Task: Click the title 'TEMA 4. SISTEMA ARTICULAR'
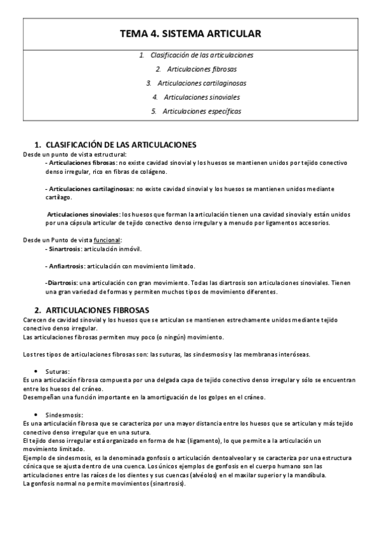pos(190,34)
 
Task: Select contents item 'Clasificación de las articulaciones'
pos(202,55)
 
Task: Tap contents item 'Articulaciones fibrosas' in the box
pos(202,69)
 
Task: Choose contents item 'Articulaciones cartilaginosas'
pos(202,83)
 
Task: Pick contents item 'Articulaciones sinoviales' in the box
pos(202,97)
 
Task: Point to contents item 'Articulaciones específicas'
pos(202,111)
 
